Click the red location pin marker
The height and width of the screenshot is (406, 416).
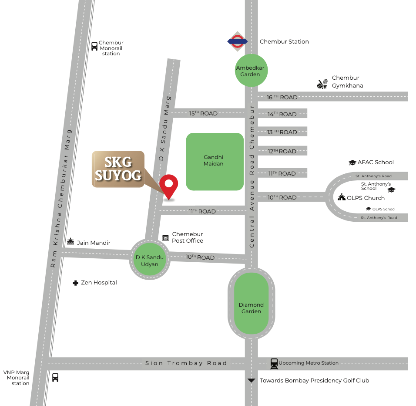tap(168, 186)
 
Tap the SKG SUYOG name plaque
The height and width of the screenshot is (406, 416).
tap(118, 169)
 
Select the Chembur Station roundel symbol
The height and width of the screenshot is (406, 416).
tap(238, 41)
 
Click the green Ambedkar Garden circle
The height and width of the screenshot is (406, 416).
tap(250, 71)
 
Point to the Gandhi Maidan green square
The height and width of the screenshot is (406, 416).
tap(215, 161)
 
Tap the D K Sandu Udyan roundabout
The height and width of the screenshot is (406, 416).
tap(150, 260)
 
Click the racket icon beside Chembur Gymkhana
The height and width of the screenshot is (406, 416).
tap(322, 84)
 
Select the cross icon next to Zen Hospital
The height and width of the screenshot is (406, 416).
tap(75, 283)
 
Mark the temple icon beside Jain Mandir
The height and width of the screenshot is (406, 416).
tap(70, 242)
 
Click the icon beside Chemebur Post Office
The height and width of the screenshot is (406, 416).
tap(165, 237)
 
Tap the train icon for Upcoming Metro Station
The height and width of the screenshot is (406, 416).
tap(274, 363)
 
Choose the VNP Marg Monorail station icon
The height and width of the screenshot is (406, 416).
tap(55, 377)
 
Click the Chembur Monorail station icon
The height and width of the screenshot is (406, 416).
tap(94, 46)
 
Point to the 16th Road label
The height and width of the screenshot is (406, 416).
tap(282, 97)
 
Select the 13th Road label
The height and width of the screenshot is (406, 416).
tap(282, 132)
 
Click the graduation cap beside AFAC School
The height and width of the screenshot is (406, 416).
tap(352, 162)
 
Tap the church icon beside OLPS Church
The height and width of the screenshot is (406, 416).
tap(342, 197)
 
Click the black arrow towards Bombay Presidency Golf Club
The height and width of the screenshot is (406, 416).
tap(251, 380)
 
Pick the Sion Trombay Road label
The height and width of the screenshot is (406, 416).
tap(186, 363)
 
